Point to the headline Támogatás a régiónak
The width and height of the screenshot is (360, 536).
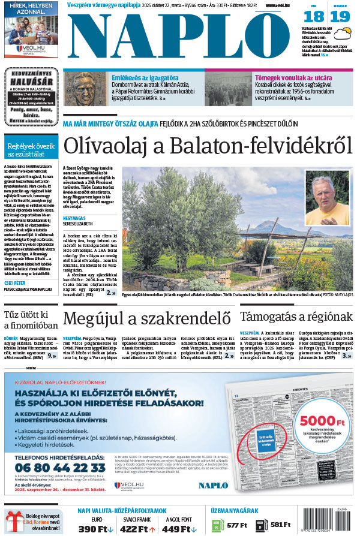click(x=296, y=317)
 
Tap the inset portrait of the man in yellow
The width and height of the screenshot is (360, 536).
click(x=327, y=198)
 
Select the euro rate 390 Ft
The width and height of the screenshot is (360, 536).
click(x=96, y=528)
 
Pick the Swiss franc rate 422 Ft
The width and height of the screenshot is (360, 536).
click(x=137, y=528)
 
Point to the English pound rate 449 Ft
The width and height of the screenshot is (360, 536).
click(x=178, y=528)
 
